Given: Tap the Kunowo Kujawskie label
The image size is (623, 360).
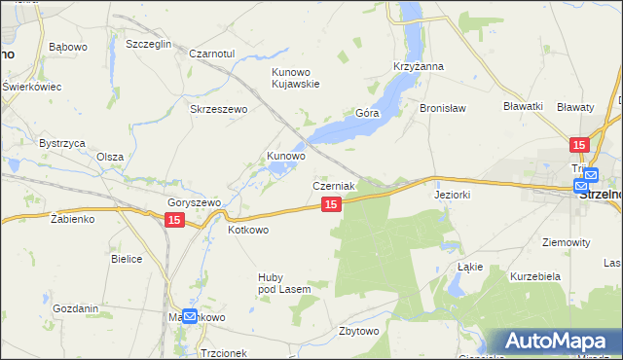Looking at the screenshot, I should pyautogui.click(x=302, y=78).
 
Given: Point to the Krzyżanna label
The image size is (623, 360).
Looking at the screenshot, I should pyautogui.click(x=419, y=66).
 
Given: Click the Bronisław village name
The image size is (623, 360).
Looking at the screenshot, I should pyautogui.click(x=444, y=108).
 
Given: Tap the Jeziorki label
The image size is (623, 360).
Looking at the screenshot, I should pyautogui.click(x=452, y=195).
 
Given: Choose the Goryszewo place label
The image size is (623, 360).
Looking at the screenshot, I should pyautogui.click(x=195, y=202).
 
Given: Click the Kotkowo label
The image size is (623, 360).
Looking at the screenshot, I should pyautogui.click(x=247, y=231).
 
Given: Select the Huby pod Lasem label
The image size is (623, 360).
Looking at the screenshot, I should pyautogui.click(x=283, y=283).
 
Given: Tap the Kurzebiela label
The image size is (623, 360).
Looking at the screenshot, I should pyautogui.click(x=533, y=276).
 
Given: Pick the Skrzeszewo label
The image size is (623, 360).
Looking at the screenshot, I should pyautogui.click(x=219, y=109).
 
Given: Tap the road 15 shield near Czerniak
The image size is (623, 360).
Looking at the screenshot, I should pyautogui.click(x=331, y=204).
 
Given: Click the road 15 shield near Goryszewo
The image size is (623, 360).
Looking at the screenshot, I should pyautogui.click(x=173, y=221).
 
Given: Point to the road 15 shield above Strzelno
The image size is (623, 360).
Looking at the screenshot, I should pyautogui.click(x=579, y=145).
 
